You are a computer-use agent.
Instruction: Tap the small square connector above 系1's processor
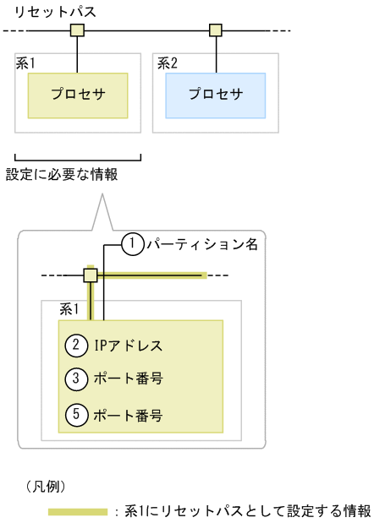[77, 31]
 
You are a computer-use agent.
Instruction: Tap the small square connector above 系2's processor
[215, 31]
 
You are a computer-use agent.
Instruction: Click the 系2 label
[167, 63]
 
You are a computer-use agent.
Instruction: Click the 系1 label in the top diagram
[29, 63]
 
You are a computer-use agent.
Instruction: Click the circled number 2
[76, 345]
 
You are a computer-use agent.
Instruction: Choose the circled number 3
[76, 379]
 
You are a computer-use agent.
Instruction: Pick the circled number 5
[76, 415]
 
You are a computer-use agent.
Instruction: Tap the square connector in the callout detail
[90, 275]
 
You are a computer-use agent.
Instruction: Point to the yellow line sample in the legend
[78, 511]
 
